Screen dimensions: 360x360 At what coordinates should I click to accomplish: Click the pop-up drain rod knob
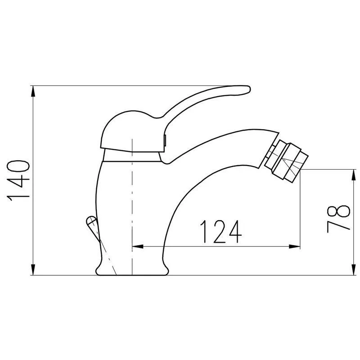pos(91,221)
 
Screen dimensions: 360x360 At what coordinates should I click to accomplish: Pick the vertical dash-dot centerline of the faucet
pos(132,202)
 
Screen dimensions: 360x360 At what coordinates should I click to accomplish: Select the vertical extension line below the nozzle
pos(300,211)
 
